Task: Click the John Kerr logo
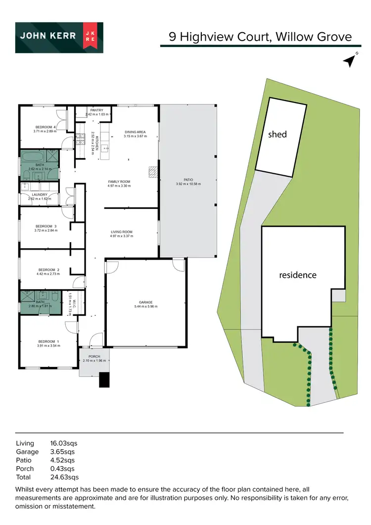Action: pyautogui.click(x=59, y=38)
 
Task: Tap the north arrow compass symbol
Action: pyautogui.click(x=350, y=60)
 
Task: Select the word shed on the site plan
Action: pyautogui.click(x=278, y=134)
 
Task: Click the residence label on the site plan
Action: pyautogui.click(x=298, y=275)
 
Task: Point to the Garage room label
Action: pyautogui.click(x=145, y=302)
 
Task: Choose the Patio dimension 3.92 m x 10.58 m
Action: pyautogui.click(x=188, y=184)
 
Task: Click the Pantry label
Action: pyautogui.click(x=97, y=110)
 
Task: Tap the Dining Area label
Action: pyautogui.click(x=136, y=132)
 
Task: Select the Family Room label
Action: pyautogui.click(x=119, y=182)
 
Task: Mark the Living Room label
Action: pyautogui.click(x=122, y=232)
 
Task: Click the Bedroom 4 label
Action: pyautogui.click(x=45, y=127)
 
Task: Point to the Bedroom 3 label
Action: pyautogui.click(x=46, y=226)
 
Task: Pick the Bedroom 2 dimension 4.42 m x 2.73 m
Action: pyautogui.click(x=48, y=273)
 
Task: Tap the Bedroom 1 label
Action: pyautogui.click(x=48, y=341)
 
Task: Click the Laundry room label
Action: pyautogui.click(x=39, y=195)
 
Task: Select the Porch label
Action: pyautogui.click(x=94, y=356)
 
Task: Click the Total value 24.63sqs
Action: pyautogui.click(x=64, y=477)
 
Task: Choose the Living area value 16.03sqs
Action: pyautogui.click(x=64, y=443)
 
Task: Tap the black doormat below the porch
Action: pyautogui.click(x=104, y=379)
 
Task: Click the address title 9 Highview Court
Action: pyautogui.click(x=224, y=37)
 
